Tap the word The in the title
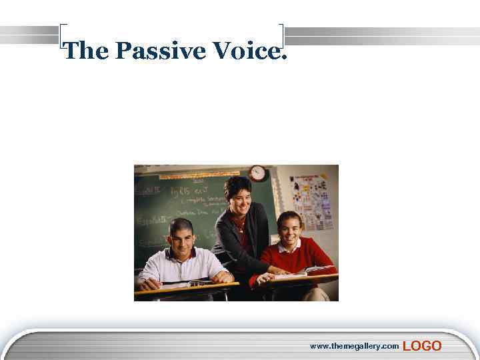[x=85, y=51]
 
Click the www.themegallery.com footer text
[x=354, y=346]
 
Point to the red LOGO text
[x=422, y=345]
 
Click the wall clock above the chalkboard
[x=257, y=173]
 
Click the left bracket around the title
[x=61, y=40]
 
